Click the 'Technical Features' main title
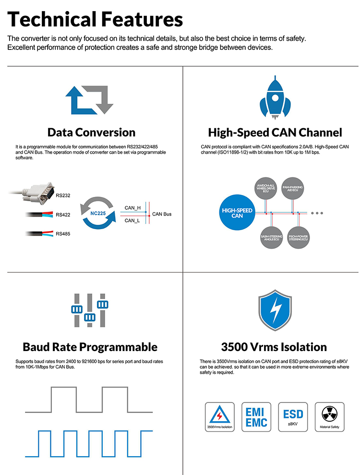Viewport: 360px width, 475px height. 95,20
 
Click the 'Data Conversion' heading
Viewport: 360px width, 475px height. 91,132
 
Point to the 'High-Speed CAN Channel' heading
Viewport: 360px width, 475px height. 275,132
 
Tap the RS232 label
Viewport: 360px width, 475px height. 63,195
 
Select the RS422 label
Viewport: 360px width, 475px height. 63,215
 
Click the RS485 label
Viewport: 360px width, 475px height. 63,234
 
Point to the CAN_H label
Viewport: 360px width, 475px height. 132,208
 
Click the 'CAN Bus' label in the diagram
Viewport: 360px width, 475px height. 162,214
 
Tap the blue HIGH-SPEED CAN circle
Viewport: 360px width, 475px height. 237,213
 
